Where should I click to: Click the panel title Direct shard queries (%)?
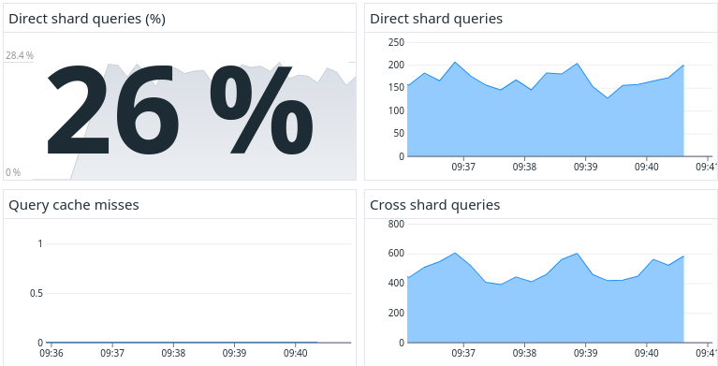87,19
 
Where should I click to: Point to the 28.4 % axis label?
19,56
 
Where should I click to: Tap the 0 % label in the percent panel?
13,172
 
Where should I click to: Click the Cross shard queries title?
434,204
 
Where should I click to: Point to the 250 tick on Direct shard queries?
395,43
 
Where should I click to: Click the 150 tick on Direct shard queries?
395,88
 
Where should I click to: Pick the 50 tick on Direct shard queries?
398,134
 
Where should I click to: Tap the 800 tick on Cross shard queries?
395,225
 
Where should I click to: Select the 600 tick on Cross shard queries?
395,254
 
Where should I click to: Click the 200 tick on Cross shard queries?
395,314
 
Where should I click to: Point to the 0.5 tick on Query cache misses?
37,294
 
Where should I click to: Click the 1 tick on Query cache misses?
40,244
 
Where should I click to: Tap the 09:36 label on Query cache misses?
51,354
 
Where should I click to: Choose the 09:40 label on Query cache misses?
295,354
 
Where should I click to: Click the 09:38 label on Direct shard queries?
524,168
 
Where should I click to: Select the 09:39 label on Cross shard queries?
585,354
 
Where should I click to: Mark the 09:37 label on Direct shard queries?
463,168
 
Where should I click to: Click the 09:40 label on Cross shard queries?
646,354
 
